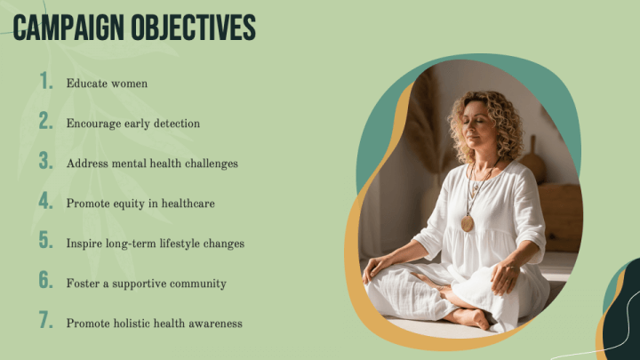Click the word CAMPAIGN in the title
68,28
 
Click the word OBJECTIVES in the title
194,28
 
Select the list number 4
46,200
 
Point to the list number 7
46,320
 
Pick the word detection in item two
177,124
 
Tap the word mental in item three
130,164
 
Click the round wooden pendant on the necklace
468,224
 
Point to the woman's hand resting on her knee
505,277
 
